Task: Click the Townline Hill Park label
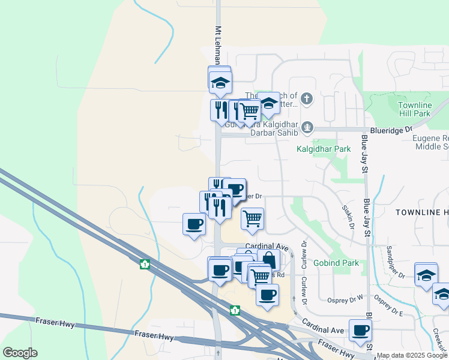414,109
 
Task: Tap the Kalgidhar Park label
324,148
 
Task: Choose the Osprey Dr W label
345,298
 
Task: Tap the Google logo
20,353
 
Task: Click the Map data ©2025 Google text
412,355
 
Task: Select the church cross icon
307,98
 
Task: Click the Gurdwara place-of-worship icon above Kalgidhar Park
307,127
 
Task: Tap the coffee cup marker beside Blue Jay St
361,330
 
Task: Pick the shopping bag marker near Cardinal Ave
269,260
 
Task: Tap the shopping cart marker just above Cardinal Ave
252,218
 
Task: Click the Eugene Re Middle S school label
430,142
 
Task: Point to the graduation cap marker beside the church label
269,103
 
